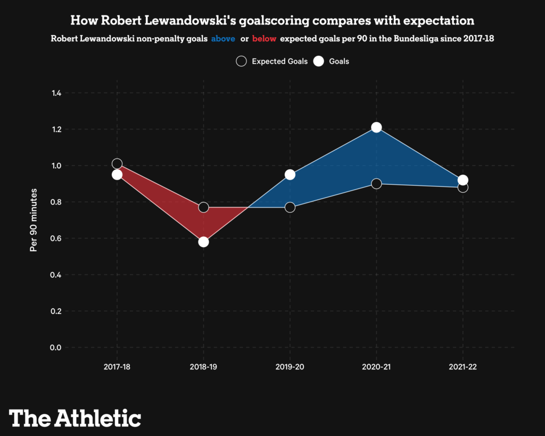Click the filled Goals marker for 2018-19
tap(203, 242)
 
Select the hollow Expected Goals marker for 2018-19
tap(203, 207)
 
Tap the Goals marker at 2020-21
tap(376, 127)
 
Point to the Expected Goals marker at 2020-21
tap(376, 184)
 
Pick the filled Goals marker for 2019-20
tap(290, 175)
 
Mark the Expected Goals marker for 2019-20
tap(290, 207)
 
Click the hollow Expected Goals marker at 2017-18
tap(117, 163)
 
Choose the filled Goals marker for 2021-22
tap(463, 180)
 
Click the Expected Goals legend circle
tap(241, 61)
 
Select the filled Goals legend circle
tap(318, 61)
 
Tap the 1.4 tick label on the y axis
tap(56, 93)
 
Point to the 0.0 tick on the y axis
tap(56, 347)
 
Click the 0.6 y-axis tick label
tap(56, 238)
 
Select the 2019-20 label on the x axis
tap(290, 367)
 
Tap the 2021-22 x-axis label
tap(463, 367)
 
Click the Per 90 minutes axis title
tap(34, 219)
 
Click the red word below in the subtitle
tap(265, 39)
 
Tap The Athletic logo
tap(75, 417)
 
